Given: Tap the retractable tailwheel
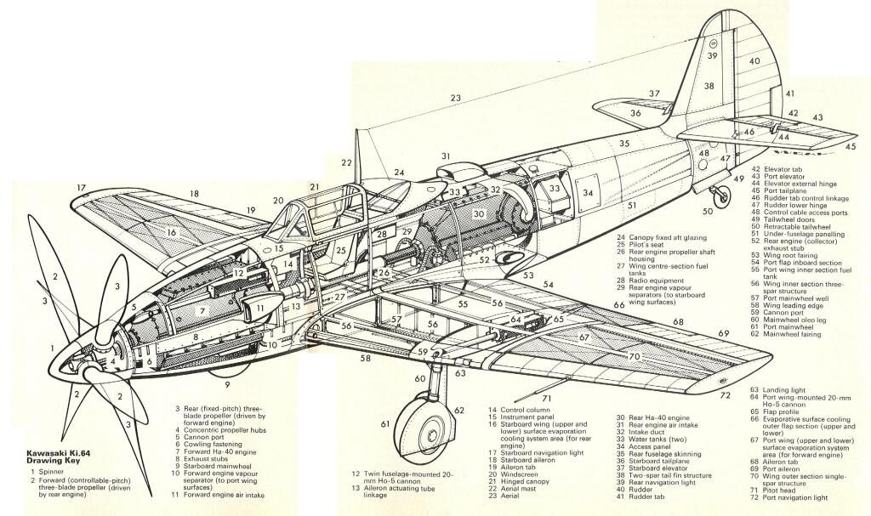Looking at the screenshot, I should tap(722, 196).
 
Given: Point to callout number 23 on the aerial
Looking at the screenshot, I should tap(456, 99).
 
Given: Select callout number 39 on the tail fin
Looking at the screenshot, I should tap(712, 56).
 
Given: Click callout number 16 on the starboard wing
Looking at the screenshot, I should tap(171, 231).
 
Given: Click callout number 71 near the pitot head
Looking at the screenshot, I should tap(547, 398).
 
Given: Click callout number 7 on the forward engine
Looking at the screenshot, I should tap(203, 310).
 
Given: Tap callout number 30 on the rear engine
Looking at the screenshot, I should tap(480, 214).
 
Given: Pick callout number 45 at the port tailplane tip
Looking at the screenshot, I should tap(851, 146).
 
